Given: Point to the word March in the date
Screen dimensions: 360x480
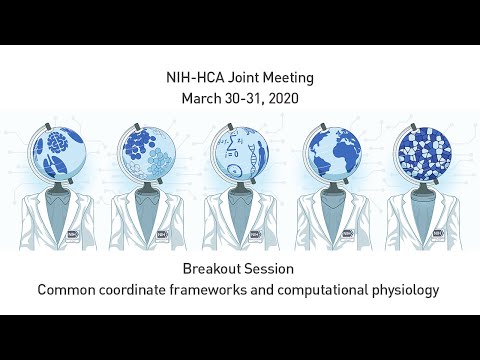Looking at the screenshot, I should click(204, 99).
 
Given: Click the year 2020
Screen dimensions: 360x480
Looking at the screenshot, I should click(282, 99).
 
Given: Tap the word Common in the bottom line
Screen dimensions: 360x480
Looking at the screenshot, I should click(68, 291).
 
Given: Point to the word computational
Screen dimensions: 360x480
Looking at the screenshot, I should click(318, 291).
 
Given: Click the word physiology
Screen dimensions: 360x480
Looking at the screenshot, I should click(402, 291).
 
